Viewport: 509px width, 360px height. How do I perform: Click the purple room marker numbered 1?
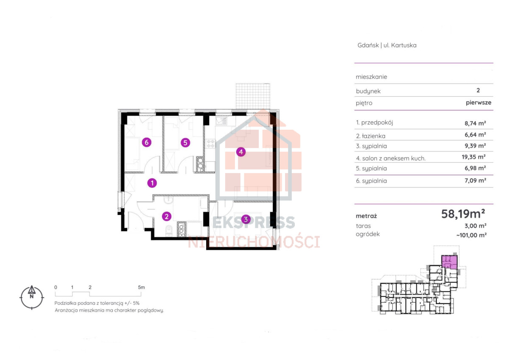coord(152,183)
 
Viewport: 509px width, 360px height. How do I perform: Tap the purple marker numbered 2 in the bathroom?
coord(167,216)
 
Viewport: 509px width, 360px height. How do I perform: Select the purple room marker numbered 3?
coord(246,219)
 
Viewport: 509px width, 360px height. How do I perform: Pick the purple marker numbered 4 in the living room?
coord(241,152)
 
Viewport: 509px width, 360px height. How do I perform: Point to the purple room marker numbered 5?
coord(185,142)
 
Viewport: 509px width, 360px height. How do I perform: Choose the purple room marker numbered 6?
coord(147,142)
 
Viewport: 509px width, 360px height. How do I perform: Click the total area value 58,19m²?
coord(463,214)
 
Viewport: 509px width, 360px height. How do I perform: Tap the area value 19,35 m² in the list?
coord(473,157)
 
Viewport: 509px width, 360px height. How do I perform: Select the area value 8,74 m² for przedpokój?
coord(475,123)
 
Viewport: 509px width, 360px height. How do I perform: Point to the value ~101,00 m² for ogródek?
coord(472,235)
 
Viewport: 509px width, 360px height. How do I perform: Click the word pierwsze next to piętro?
coord(478,103)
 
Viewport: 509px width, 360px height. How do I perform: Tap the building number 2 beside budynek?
coord(478,90)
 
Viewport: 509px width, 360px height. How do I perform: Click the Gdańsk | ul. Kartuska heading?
coord(387,45)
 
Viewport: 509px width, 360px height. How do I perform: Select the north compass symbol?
coord(31,297)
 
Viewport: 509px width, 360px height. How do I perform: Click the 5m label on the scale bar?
coord(141,287)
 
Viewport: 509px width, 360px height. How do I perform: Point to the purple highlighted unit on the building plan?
coord(449,262)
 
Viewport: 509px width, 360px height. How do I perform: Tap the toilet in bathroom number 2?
coord(169,231)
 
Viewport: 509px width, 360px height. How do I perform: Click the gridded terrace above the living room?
coord(253,96)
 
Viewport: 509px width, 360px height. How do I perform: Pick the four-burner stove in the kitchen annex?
coord(210,144)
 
